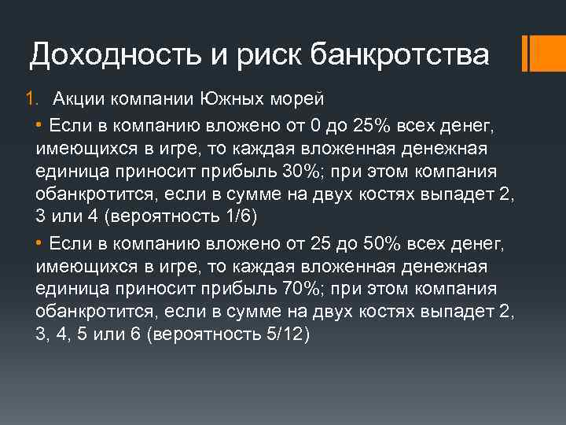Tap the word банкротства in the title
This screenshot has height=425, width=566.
[x=400, y=55]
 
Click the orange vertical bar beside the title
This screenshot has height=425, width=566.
[x=535, y=53]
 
